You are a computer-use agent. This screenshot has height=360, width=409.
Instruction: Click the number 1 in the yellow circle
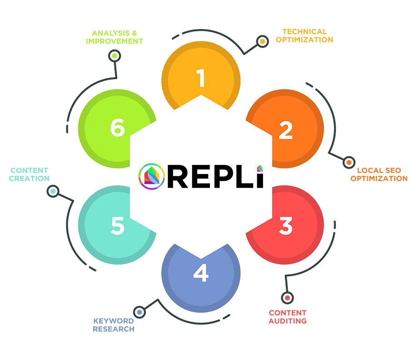pyautogui.click(x=201, y=78)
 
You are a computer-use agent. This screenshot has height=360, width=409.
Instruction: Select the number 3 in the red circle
pyautogui.click(x=285, y=226)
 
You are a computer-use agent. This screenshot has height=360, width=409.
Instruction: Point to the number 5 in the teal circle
pyautogui.click(x=117, y=225)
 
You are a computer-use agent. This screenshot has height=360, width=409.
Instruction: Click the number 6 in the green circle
pyautogui.click(x=117, y=129)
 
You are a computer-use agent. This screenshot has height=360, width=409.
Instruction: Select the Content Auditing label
pyautogui.click(x=287, y=317)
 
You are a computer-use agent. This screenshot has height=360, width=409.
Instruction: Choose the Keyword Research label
pyautogui.click(x=114, y=325)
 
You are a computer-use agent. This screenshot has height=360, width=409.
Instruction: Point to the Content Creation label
pyautogui.click(x=29, y=175)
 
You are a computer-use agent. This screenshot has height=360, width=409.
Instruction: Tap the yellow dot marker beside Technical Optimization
pyautogui.click(x=262, y=42)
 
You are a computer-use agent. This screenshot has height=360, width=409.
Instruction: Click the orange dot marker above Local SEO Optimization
pyautogui.click(x=349, y=162)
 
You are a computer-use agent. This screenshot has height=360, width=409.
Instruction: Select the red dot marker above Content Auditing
pyautogui.click(x=287, y=298)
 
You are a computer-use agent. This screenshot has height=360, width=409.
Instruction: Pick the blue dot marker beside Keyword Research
pyautogui.click(x=139, y=312)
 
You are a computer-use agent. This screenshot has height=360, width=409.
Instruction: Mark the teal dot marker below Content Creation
pyautogui.click(x=53, y=191)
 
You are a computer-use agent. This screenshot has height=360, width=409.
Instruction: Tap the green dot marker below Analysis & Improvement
pyautogui.click(x=115, y=56)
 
